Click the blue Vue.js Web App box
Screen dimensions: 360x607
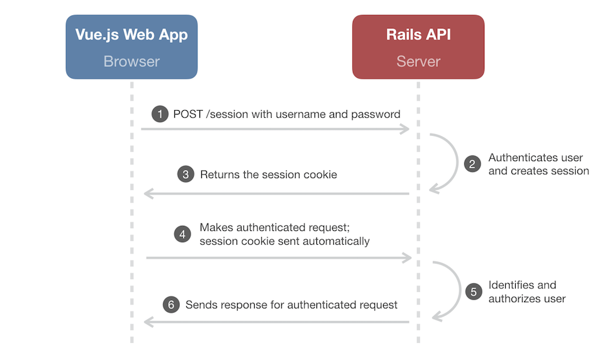(x=131, y=47)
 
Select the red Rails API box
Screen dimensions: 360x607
(x=418, y=47)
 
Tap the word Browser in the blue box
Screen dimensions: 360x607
(x=131, y=62)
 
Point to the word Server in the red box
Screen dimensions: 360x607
(x=418, y=62)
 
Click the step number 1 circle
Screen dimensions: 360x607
(x=160, y=115)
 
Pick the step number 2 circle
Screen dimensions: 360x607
(x=472, y=164)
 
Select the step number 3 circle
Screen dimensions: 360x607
(x=185, y=174)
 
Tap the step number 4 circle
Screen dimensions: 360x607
(x=182, y=234)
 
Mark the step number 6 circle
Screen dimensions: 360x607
(x=170, y=305)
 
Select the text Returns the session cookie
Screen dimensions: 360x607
(x=269, y=174)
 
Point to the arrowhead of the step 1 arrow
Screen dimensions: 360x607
(x=406, y=129)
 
